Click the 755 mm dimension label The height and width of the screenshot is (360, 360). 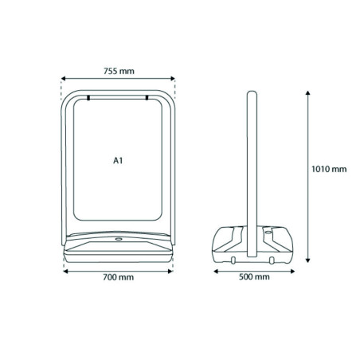click(119, 71)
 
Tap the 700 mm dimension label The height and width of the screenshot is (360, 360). click(118, 277)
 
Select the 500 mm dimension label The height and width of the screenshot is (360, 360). click(254, 277)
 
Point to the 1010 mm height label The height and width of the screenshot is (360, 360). click(329, 169)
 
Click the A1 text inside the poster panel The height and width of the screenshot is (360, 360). click(118, 161)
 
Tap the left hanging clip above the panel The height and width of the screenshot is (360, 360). click(88, 98)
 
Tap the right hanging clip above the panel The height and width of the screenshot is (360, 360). click(147, 98)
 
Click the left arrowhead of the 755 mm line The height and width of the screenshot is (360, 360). click(63, 78)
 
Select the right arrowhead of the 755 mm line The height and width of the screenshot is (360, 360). click(173, 78)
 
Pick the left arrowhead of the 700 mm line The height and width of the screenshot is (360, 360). click(65, 272)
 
